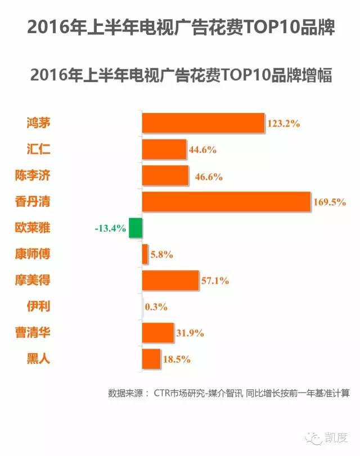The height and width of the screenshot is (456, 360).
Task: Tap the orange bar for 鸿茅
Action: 203,123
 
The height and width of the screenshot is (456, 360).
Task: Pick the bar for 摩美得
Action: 170,280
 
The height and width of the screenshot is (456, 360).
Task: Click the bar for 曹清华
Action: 157,332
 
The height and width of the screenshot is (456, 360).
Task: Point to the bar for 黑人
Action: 151,358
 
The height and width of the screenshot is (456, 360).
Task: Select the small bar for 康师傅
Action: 145,254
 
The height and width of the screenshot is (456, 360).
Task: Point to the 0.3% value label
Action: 157,307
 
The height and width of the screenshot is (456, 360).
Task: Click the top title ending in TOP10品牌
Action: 180,28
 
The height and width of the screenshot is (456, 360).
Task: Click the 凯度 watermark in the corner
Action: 335,436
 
